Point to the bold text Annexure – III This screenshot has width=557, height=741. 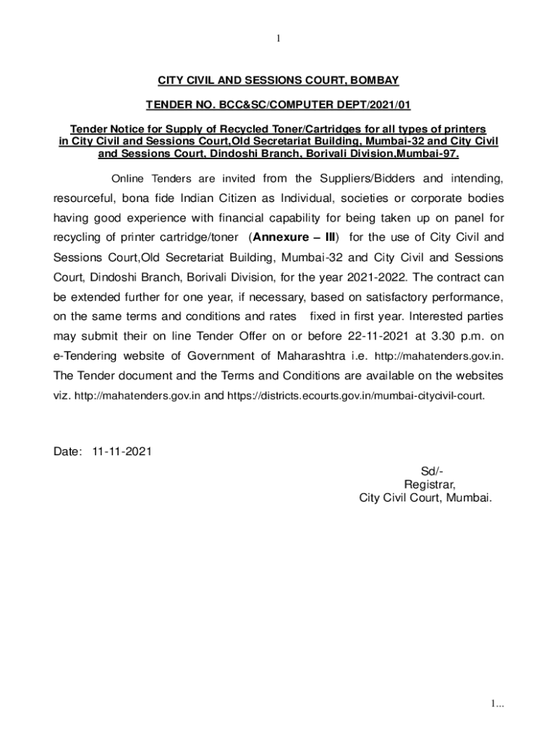pyautogui.click(x=296, y=237)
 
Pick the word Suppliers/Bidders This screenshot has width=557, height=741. pyautogui.click(x=356, y=179)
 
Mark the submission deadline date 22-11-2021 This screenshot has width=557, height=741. pyautogui.click(x=375, y=336)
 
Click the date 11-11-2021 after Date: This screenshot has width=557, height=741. pyautogui.click(x=122, y=452)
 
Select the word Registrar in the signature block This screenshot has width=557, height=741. pyautogui.click(x=430, y=485)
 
